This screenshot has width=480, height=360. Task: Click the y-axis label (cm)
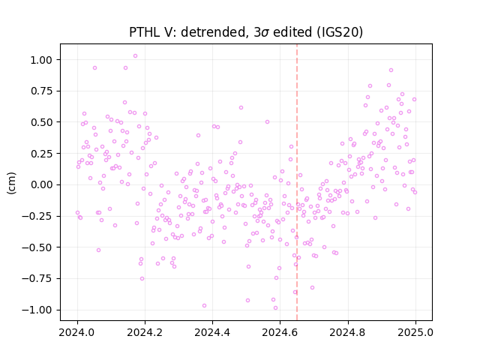11,183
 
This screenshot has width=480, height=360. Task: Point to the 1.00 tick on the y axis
41,60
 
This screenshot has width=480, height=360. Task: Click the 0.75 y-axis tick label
41,91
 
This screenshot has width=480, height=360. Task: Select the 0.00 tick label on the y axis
41,185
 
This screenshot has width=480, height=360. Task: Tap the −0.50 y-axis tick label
37,247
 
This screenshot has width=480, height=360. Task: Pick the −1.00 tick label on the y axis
37,310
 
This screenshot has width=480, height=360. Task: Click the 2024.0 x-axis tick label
77,332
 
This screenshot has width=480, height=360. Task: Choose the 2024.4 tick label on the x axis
212,332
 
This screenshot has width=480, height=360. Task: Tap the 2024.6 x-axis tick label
280,332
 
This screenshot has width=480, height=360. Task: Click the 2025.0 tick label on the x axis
415,332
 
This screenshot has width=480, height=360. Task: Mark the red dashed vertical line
297,182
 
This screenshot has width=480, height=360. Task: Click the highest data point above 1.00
135,56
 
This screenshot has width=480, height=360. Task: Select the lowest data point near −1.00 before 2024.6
275,308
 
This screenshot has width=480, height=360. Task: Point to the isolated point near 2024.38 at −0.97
204,306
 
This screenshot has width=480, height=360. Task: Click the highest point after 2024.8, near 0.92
391,70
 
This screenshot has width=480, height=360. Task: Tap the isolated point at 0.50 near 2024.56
267,121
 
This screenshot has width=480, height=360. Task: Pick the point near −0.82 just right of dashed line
312,288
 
